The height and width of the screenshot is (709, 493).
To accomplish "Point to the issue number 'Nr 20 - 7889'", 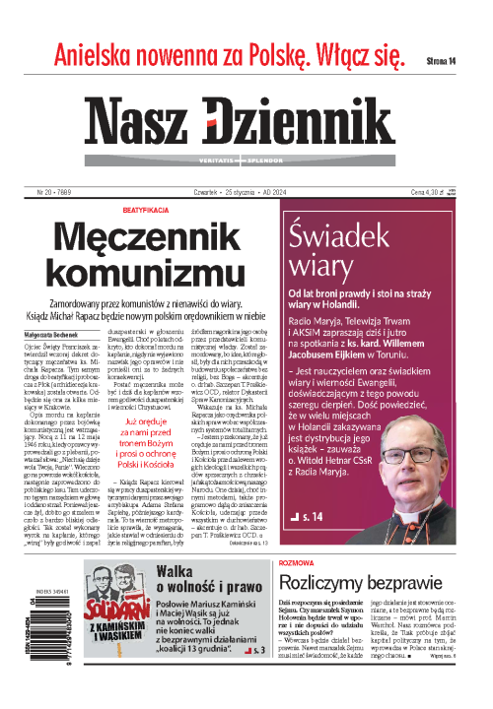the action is pos(55,192).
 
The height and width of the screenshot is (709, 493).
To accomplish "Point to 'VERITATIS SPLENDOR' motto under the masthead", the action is pos(246,158).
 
